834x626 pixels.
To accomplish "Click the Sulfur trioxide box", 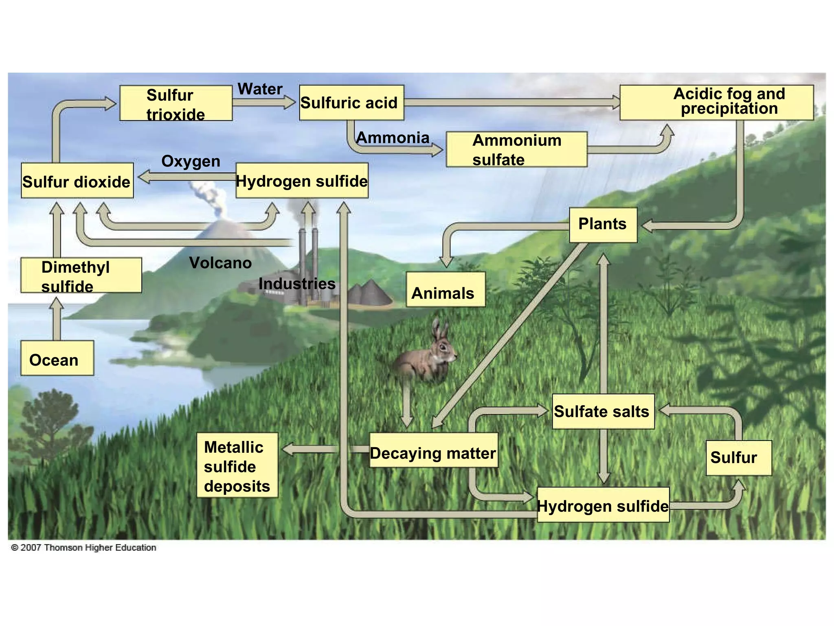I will click(x=176, y=103).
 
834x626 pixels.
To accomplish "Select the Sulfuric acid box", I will click(x=351, y=103).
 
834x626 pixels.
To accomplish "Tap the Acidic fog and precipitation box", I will click(x=717, y=102).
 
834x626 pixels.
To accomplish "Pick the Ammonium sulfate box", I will click(x=516, y=149).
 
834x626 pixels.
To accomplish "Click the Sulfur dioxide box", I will click(x=77, y=181).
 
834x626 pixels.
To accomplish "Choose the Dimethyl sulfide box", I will click(x=81, y=275).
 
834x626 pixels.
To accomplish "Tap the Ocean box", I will click(x=57, y=358).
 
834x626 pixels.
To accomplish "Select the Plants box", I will click(x=603, y=225).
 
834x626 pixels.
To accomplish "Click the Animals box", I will click(x=446, y=290).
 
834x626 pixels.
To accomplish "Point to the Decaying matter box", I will click(x=433, y=450).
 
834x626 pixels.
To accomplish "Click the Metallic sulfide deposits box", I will click(x=237, y=465).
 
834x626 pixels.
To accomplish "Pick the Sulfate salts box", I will click(x=603, y=411).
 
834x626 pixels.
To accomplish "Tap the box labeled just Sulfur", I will click(x=738, y=458).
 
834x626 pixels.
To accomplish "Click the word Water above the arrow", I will click(x=260, y=89).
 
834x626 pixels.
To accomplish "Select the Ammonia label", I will click(x=393, y=138).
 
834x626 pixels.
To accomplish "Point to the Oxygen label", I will click(x=191, y=161).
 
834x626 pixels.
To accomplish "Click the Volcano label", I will click(x=220, y=263).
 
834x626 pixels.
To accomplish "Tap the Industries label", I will click(x=297, y=284).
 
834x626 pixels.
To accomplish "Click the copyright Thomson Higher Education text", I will click(x=83, y=547).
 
